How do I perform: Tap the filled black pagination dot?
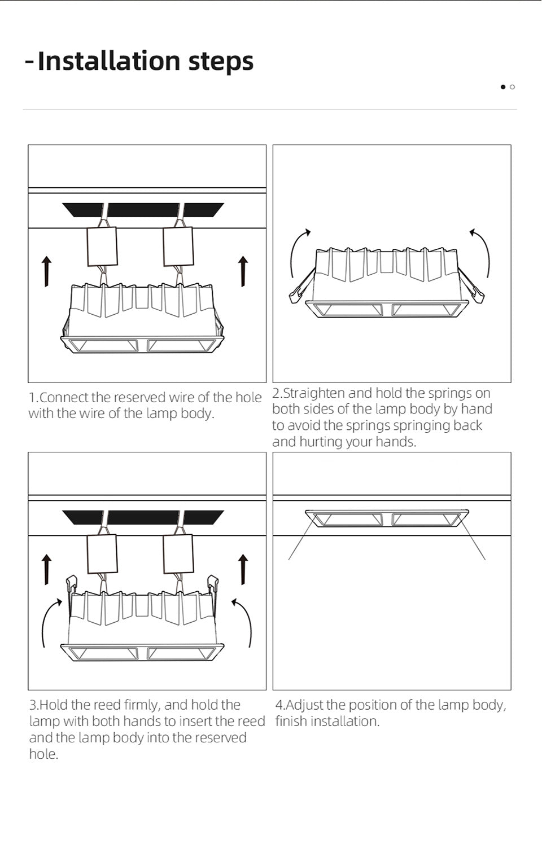coord(503,87)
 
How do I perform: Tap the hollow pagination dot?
coord(512,87)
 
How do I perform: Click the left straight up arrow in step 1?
coord(46,271)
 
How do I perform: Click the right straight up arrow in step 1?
coord(243,271)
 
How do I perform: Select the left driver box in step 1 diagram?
coord(102,247)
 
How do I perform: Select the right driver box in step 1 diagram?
coord(178,247)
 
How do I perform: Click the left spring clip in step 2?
coord(302,287)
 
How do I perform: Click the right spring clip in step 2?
coord(471,287)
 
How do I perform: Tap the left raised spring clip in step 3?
coord(71,584)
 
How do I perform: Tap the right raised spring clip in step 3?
coord(213,584)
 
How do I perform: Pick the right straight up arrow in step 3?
coord(243,570)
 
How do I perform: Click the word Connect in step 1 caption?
coord(64,397)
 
